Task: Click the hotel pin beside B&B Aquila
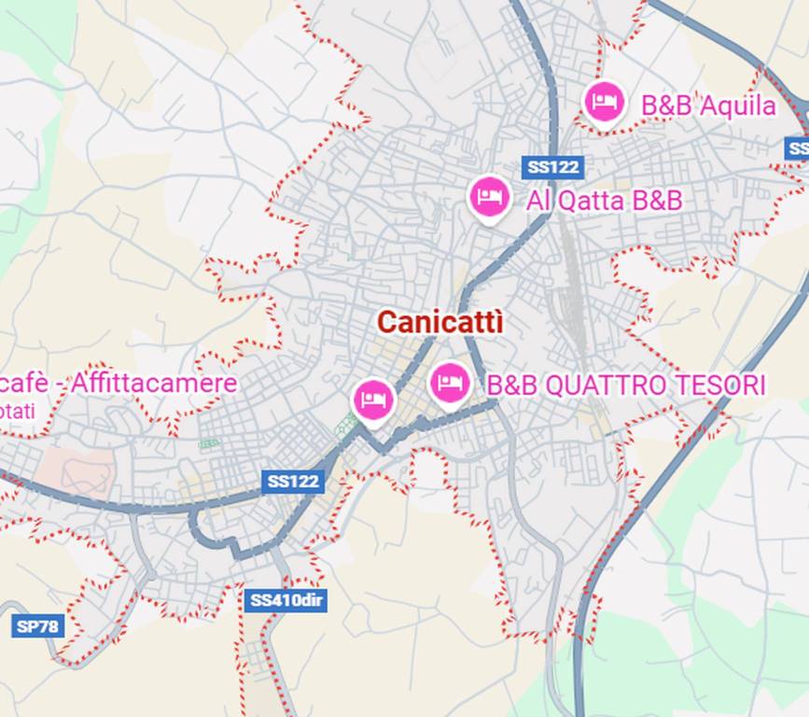tap(604, 101)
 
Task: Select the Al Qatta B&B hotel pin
tap(489, 197)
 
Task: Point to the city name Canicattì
tap(440, 323)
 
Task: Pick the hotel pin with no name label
tap(373, 401)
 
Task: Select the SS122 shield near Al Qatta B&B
tap(552, 168)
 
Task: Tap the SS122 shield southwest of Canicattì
tap(293, 482)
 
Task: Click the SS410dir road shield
tap(286, 600)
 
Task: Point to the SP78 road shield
tap(38, 626)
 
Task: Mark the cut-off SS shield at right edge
tap(798, 148)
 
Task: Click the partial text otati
tap(18, 411)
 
